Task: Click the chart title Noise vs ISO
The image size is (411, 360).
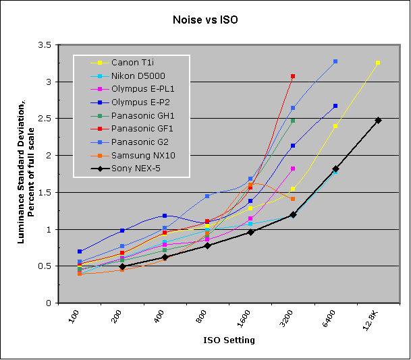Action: point(205,20)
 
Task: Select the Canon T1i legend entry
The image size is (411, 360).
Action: point(131,62)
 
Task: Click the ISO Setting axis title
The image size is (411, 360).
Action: point(229,340)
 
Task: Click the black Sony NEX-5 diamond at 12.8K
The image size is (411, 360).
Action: point(378,120)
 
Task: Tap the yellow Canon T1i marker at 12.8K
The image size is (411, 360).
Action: point(378,63)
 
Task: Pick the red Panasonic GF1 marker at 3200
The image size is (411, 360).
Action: point(293,76)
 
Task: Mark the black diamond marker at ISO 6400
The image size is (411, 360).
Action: point(335,169)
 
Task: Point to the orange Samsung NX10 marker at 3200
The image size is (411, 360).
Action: point(293,199)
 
